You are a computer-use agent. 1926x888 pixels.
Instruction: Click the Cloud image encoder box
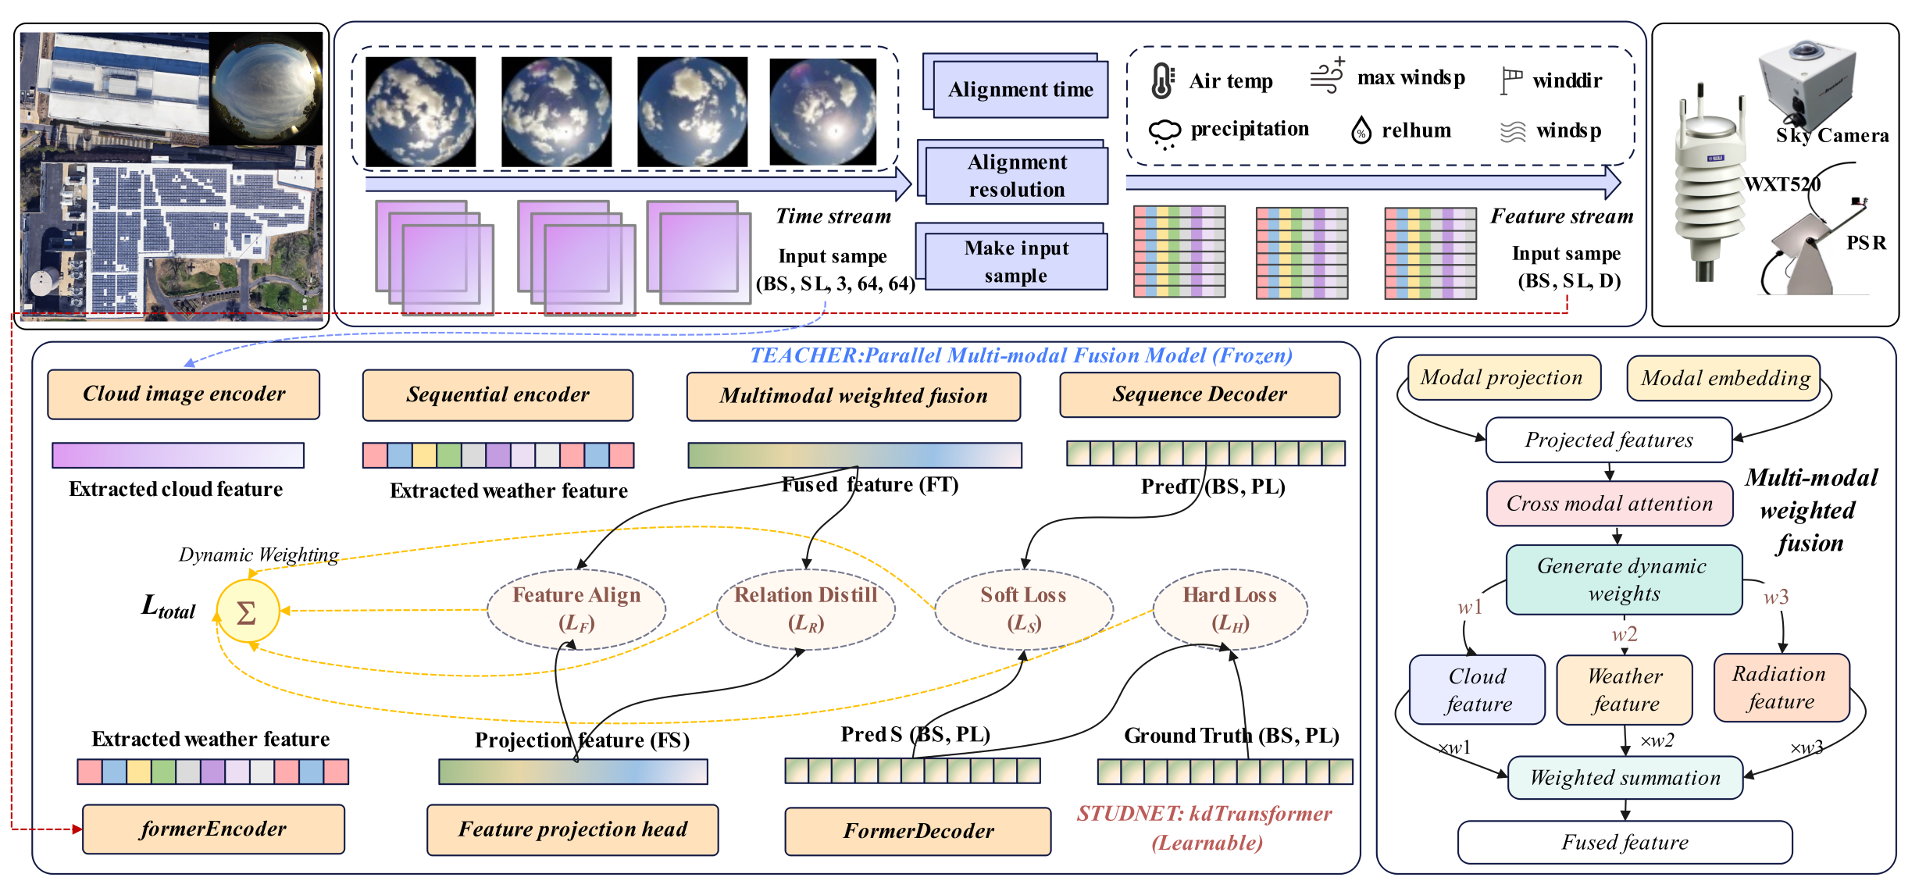coord(184,394)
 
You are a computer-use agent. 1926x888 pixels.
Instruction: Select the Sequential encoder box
coord(498,394)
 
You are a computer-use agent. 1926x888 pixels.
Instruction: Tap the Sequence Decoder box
coord(1200,394)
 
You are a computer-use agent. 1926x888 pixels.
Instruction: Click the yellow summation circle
coord(248,612)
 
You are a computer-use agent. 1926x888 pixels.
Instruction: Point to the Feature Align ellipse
coord(576,609)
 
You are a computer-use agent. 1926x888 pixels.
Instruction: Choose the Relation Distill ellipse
coord(805,609)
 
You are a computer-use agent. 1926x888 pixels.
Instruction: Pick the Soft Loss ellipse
coord(1023,609)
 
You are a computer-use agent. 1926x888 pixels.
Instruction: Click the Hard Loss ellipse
coord(1230,609)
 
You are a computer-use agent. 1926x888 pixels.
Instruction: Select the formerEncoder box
coord(213,829)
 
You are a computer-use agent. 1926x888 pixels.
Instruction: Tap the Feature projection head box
coord(572,829)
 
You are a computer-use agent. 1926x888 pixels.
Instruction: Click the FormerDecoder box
coord(918,831)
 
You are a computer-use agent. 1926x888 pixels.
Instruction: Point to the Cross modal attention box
coord(1609,504)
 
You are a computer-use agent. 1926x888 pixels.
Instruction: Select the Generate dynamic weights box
coord(1624,580)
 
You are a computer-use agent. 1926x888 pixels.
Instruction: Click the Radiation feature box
coord(1781,688)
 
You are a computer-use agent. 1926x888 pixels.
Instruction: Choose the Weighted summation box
coord(1625,778)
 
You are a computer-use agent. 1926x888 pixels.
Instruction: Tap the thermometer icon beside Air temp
coord(1162,80)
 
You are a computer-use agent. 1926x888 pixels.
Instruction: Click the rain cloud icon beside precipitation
coord(1165,133)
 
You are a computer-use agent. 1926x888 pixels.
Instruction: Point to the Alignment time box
coord(1019,89)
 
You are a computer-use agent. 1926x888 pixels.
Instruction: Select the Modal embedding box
coord(1724,379)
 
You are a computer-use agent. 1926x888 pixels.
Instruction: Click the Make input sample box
coord(1015,262)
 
